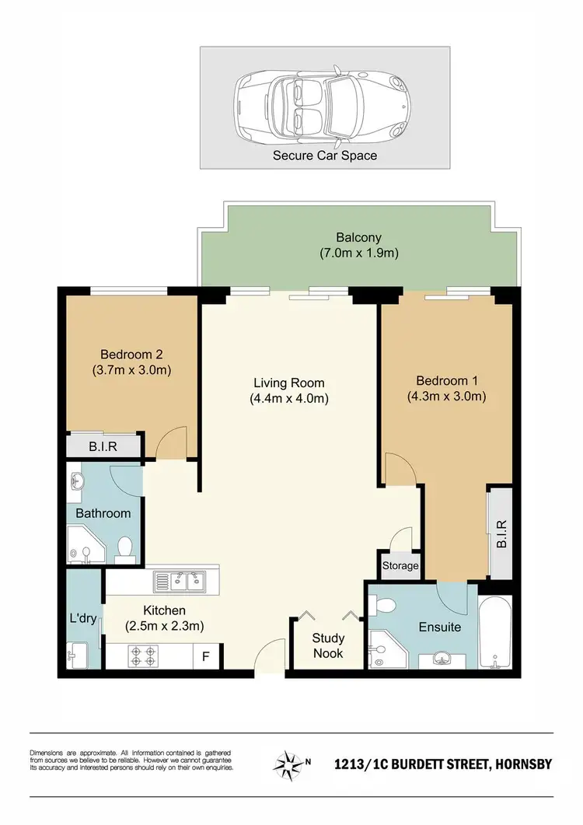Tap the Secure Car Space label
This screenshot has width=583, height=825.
pos(324,156)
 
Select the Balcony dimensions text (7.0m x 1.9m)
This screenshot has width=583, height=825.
pos(359,253)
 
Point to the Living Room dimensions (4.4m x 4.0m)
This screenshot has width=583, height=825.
pos(289,399)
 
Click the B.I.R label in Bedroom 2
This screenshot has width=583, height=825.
pos(103,447)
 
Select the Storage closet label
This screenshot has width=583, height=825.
pos(400,566)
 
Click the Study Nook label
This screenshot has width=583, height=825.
pos(328,645)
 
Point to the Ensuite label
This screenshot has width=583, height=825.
pos(440,626)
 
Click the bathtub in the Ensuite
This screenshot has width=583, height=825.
pos(494,634)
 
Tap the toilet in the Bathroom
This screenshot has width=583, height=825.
pos(123,549)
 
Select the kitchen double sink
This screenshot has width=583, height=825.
pos(179,580)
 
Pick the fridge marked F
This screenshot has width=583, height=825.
pos(206,656)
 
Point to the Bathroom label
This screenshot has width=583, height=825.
pos(103,513)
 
